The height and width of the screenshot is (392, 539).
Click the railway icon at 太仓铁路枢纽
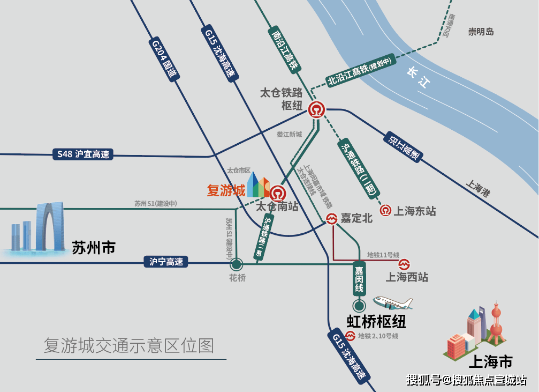[317, 109]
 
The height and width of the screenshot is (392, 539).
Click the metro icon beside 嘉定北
[332, 218]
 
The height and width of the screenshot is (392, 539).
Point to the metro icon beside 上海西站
[404, 264]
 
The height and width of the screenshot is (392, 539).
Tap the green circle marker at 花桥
[236, 264]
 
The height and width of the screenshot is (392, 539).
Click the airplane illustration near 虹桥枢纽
[393, 303]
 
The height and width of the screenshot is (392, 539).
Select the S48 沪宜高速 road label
[83, 154]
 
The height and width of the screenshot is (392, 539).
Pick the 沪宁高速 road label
[166, 262]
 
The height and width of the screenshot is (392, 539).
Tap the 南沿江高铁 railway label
[284, 51]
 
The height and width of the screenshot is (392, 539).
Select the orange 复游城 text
[226, 190]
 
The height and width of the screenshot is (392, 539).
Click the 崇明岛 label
[481, 32]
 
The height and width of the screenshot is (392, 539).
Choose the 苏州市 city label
[94, 247]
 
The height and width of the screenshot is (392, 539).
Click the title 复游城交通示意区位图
[129, 345]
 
